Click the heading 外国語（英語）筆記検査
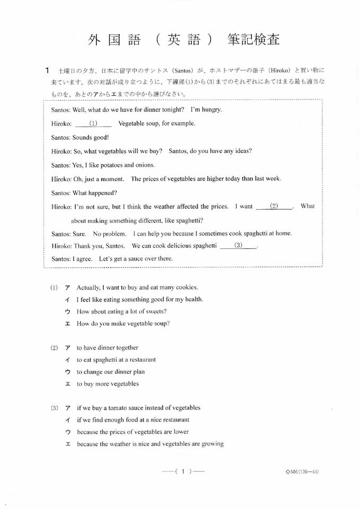tap(184, 40)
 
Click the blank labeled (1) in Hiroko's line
tap(93, 124)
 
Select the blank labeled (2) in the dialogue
tap(274, 206)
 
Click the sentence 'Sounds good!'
tap(91, 137)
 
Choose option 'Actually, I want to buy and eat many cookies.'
tap(137, 288)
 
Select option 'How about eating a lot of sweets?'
tap(122, 311)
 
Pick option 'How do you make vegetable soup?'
tap(123, 324)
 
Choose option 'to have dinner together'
tap(107, 348)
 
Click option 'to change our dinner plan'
tap(111, 372)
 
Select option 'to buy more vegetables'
tap(107, 384)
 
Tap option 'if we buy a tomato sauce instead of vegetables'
tap(139, 408)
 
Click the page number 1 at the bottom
tap(183, 471)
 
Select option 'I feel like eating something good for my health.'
tap(140, 300)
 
